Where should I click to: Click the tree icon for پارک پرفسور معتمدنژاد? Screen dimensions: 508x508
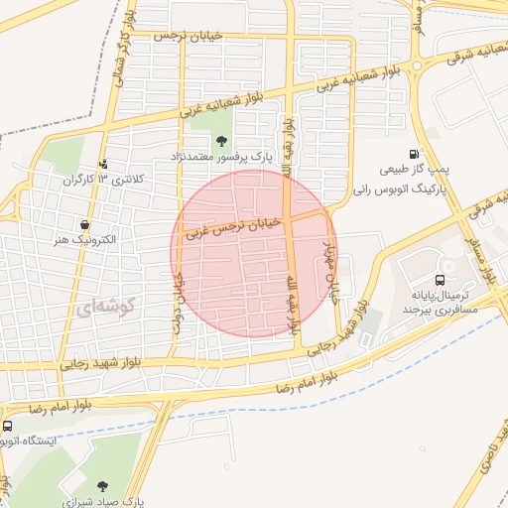[220, 139]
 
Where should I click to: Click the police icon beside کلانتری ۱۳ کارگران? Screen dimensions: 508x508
[103, 165]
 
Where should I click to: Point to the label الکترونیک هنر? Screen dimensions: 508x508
[86, 240]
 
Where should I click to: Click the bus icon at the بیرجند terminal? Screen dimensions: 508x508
[441, 281]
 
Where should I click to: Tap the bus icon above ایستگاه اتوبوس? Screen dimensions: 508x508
[7, 427]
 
